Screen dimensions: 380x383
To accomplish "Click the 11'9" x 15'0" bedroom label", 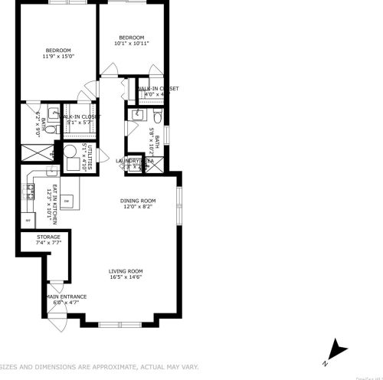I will (57, 53).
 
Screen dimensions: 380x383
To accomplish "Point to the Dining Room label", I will (138, 204).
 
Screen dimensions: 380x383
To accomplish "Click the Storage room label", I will (48, 240).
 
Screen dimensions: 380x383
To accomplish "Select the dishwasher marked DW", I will (67, 201).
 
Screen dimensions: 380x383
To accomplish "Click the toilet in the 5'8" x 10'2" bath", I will (155, 116).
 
